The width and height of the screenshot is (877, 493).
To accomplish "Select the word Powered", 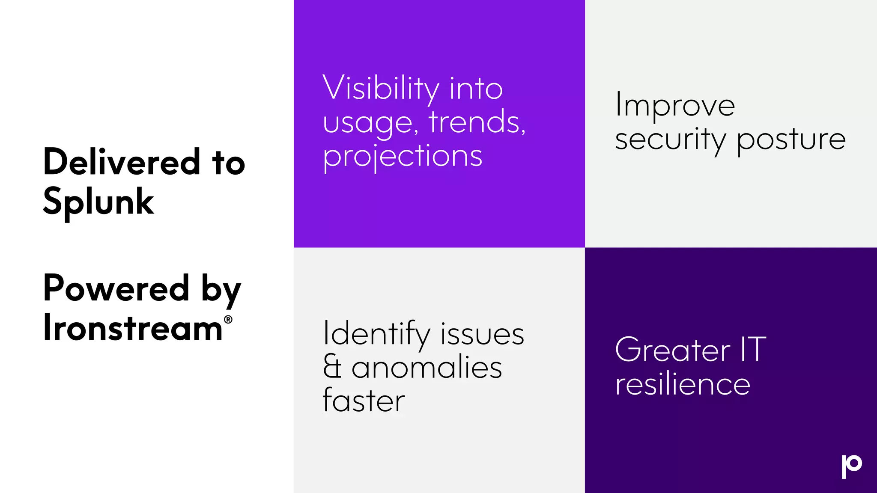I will (x=116, y=288).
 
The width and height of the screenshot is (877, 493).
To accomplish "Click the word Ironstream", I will (x=133, y=328).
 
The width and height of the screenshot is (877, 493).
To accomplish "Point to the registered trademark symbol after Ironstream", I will (x=228, y=319).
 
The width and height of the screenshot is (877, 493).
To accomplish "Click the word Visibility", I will (x=381, y=89).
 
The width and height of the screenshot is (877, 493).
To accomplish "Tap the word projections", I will (x=403, y=156).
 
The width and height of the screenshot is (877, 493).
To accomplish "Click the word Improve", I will (x=675, y=105).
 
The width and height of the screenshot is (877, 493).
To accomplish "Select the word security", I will (x=670, y=140).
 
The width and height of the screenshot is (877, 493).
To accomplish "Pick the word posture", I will (x=791, y=140).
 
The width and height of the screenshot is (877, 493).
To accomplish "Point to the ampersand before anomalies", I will (x=332, y=367).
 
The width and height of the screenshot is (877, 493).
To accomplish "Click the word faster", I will (x=364, y=401).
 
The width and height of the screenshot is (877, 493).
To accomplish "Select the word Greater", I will (x=672, y=350).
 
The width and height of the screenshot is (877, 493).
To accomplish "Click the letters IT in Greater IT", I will (x=753, y=350).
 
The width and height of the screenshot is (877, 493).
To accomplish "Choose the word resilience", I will (x=683, y=384).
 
